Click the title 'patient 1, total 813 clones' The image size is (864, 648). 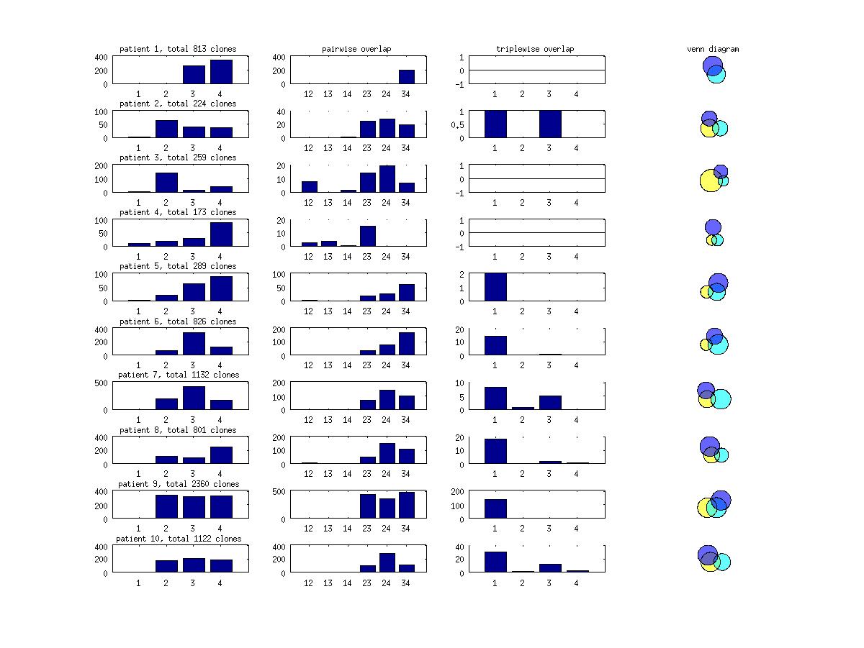(x=178, y=49)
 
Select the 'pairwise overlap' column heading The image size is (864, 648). (x=356, y=49)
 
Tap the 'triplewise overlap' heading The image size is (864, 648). (x=535, y=49)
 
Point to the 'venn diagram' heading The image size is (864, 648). (x=713, y=49)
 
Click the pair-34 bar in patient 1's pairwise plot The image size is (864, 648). (x=406, y=77)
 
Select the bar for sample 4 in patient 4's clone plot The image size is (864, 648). (x=221, y=234)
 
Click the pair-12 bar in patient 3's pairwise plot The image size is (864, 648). (x=309, y=187)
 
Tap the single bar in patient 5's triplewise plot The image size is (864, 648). (x=495, y=287)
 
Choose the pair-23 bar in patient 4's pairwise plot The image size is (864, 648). (x=367, y=237)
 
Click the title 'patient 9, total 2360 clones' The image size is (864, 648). (x=178, y=484)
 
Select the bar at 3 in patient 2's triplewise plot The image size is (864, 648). (x=549, y=124)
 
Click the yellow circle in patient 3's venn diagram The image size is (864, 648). (x=709, y=181)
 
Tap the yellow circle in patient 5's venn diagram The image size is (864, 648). (x=706, y=292)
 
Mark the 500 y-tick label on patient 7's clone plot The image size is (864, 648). (x=104, y=383)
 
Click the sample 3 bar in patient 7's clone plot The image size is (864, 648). (x=194, y=398)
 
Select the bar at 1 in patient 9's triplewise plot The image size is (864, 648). (x=495, y=508)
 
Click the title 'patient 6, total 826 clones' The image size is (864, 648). (x=178, y=321)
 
